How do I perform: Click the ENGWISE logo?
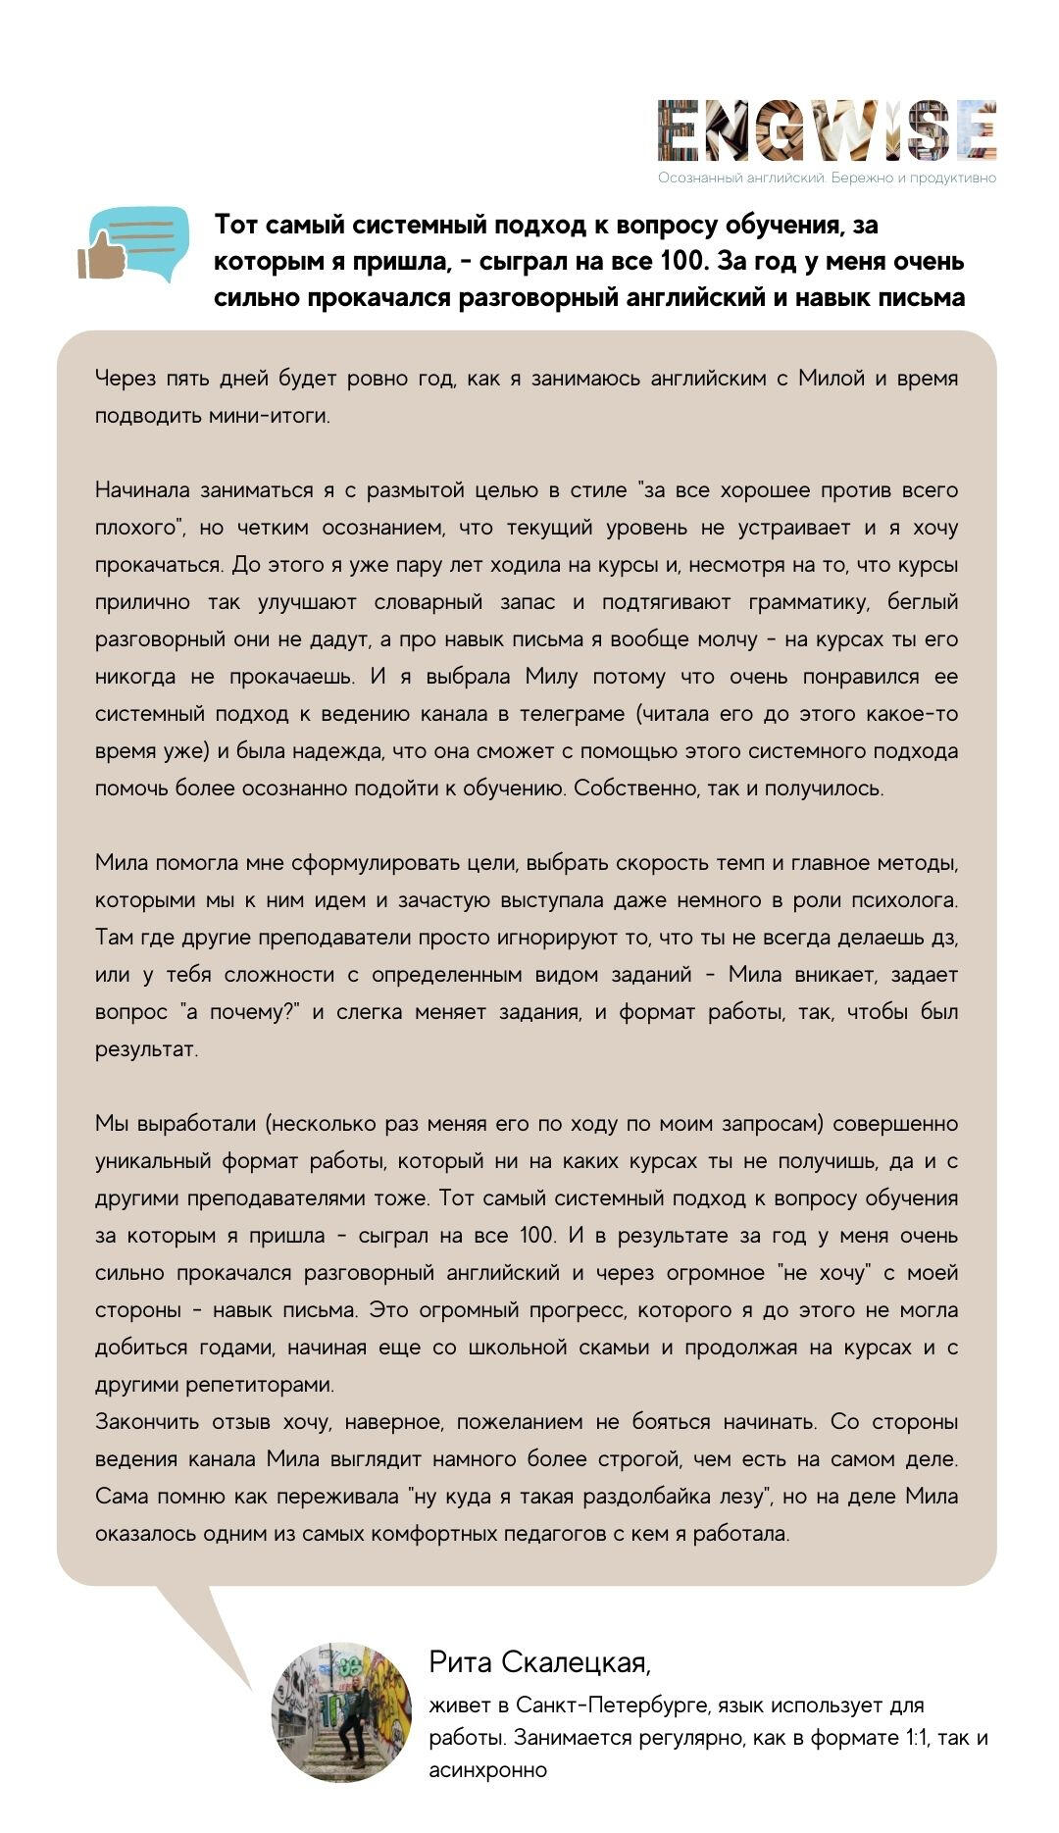pos(827,130)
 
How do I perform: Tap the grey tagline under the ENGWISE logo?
pos(827,178)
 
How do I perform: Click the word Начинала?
pos(142,489)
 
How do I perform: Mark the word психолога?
pos(902,899)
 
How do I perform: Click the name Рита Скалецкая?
pos(538,1662)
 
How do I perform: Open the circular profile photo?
pos(341,1710)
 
